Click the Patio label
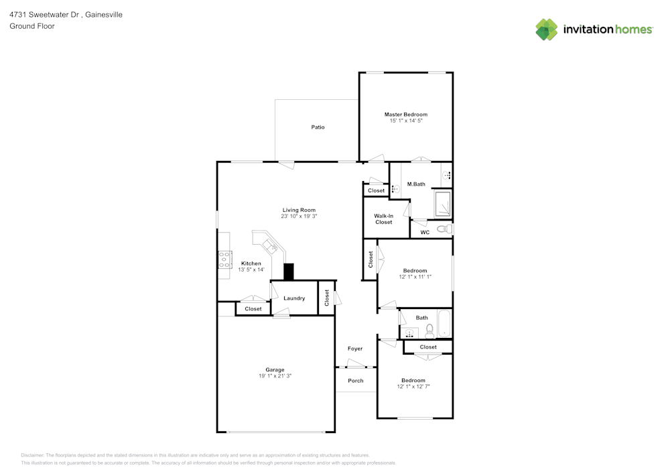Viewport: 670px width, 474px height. (318, 127)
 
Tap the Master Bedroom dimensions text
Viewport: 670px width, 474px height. (405, 121)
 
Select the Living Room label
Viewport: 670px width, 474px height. (299, 210)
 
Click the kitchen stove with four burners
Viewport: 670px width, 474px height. (224, 260)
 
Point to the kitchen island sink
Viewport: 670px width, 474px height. (270, 245)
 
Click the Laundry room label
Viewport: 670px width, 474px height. (294, 298)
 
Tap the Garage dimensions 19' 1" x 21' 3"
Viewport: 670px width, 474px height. (275, 376)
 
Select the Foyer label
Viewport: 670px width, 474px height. (354, 349)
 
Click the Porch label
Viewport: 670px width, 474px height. (356, 380)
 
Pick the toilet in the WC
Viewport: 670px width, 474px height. (445, 229)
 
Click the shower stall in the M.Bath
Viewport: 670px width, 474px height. (442, 204)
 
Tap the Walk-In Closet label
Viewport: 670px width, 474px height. (384, 219)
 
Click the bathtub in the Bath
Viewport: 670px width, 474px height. (444, 324)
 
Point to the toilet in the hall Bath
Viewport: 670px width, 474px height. (429, 331)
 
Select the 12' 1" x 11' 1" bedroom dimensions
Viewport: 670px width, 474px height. (415, 277)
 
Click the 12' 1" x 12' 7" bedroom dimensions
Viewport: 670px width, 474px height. (413, 386)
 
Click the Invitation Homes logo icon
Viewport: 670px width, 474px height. (547, 29)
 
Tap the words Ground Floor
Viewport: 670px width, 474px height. (32, 26)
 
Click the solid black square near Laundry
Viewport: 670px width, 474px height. (289, 272)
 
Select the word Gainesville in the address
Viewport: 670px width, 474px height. (104, 15)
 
